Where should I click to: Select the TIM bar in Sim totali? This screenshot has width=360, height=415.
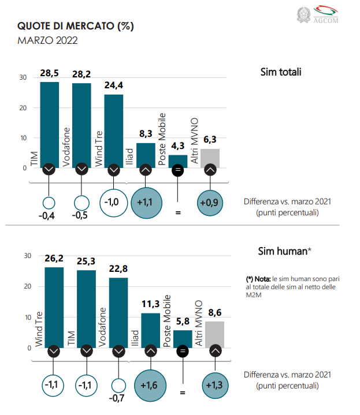(x=49, y=124)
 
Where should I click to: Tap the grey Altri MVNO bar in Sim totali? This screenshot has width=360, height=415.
(x=210, y=157)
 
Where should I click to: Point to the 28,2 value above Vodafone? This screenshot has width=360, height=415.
(x=81, y=74)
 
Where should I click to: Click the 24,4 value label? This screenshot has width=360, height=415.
(x=113, y=85)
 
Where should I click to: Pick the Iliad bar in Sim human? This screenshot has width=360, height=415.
(x=150, y=330)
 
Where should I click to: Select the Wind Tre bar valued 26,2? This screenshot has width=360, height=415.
(x=54, y=306)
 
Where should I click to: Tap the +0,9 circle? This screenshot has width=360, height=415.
(x=210, y=202)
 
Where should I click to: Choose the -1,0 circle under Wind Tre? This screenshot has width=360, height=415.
(x=113, y=202)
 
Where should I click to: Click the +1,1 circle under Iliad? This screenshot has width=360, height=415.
(x=146, y=202)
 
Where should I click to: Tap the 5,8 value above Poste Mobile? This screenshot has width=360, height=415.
(x=183, y=321)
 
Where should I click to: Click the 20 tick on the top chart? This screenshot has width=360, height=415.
(x=23, y=108)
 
